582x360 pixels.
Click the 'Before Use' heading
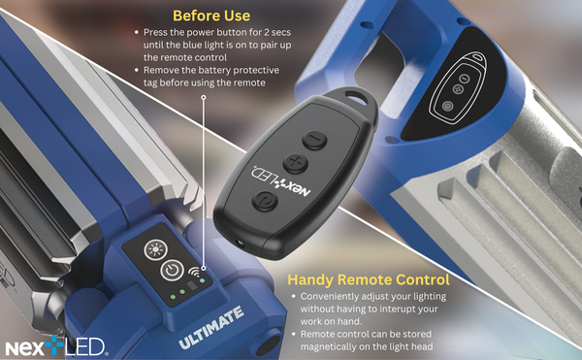pyautogui.click(x=211, y=16)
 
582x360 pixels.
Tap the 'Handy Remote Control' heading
pyautogui.click(x=369, y=279)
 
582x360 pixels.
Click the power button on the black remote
pyautogui.click(x=265, y=201)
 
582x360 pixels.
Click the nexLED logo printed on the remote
pyautogui.click(x=280, y=181)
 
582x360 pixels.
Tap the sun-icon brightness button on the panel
pyautogui.click(x=154, y=249)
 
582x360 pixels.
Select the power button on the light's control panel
pyautogui.click(x=172, y=271)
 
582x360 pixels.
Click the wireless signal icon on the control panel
pyautogui.click(x=194, y=273)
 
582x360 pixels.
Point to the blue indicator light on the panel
pyautogui.click(x=202, y=280)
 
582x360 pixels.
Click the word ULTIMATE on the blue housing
pyautogui.click(x=211, y=328)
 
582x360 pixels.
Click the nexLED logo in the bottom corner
pyautogui.click(x=55, y=346)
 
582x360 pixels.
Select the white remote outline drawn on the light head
pyautogui.click(x=457, y=87)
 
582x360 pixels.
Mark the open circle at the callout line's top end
pyautogui.click(x=204, y=97)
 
